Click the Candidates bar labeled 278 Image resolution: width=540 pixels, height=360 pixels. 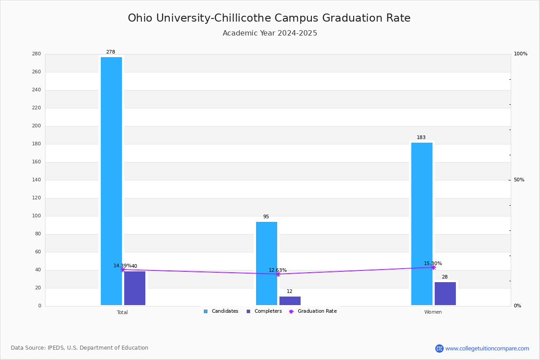coord(112,181)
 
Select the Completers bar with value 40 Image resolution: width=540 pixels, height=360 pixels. coord(135,288)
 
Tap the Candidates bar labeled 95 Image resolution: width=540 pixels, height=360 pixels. coord(266,264)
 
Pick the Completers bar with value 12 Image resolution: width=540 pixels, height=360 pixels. coord(290,301)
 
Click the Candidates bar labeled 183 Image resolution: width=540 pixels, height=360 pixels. coord(422,224)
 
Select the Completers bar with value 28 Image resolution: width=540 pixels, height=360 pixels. coord(445,294)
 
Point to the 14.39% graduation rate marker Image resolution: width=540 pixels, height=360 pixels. coord(123,270)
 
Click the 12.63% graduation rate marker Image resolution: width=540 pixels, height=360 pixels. coord(278,274)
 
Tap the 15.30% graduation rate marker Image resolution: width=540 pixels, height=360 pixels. coord(433,267)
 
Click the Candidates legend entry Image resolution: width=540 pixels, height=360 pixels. coord(221,311)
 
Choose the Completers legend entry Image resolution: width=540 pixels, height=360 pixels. coord(264,311)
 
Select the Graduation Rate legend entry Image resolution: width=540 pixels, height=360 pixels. coord(313,311)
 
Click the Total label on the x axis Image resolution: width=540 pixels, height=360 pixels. coord(122,312)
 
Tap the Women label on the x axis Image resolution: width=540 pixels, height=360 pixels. coord(433,312)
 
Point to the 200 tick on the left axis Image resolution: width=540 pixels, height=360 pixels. coord(36,126)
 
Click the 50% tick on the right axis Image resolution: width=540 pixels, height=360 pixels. coord(519,180)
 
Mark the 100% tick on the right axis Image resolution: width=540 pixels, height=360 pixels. coord(521,54)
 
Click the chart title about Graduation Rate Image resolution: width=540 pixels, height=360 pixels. coord(269,18)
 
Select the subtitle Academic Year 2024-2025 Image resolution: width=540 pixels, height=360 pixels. coord(270,33)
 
